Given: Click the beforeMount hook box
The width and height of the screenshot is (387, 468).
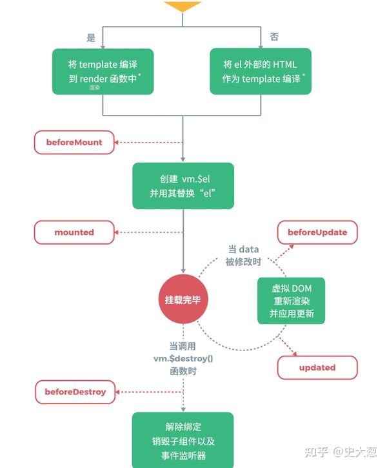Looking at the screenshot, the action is pyautogui.click(x=74, y=143).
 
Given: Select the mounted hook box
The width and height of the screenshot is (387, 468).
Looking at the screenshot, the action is pyautogui.click(x=74, y=232).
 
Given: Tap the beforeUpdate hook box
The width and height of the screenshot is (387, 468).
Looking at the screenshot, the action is pyautogui.click(x=317, y=232).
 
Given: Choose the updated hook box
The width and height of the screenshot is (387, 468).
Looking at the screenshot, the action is pyautogui.click(x=317, y=367).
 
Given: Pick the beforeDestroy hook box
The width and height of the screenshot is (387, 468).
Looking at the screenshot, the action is pyautogui.click(x=75, y=392).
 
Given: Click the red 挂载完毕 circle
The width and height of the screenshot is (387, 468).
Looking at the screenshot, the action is pyautogui.click(x=183, y=299).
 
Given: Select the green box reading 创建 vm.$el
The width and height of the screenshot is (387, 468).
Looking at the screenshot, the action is pyautogui.click(x=183, y=186).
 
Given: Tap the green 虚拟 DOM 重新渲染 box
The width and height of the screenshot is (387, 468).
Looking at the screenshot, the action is pyautogui.click(x=291, y=301).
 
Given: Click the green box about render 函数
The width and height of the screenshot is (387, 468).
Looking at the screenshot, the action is pyautogui.click(x=103, y=72).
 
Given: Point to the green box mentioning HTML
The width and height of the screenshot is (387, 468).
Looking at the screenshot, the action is pyautogui.click(x=261, y=72).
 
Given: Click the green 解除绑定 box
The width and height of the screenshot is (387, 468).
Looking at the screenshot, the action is pyautogui.click(x=183, y=440).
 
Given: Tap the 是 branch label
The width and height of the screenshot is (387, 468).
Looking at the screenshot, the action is pyautogui.click(x=91, y=37).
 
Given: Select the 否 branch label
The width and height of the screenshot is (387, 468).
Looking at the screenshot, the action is pyautogui.click(x=274, y=37).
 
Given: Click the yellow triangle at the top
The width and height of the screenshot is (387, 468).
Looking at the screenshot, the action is pyautogui.click(x=183, y=6).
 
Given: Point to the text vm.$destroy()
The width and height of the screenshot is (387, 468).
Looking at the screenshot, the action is pyautogui.click(x=183, y=358).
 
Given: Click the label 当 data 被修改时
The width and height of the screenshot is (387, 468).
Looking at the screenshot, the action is pyautogui.click(x=243, y=256).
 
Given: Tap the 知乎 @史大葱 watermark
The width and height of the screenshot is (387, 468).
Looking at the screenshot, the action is pyautogui.click(x=341, y=452).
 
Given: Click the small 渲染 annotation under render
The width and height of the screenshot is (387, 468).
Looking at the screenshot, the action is pyautogui.click(x=95, y=87).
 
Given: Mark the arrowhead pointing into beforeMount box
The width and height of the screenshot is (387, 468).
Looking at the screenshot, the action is pyautogui.click(x=116, y=143).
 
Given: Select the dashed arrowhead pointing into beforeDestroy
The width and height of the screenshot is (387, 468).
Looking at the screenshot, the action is pyautogui.click(x=117, y=392).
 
